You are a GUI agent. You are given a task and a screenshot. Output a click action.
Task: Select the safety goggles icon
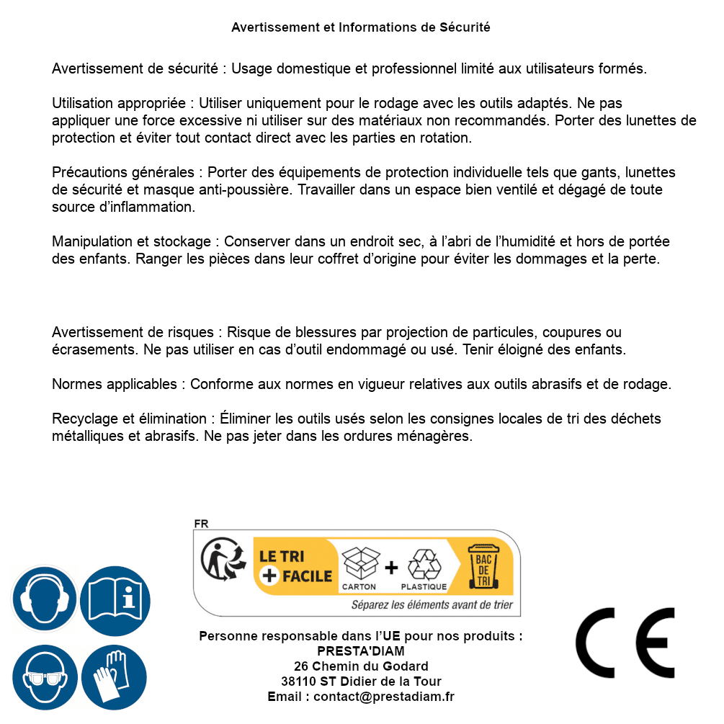pyautogui.click(x=45, y=677)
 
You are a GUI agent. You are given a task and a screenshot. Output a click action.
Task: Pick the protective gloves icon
pyautogui.click(x=115, y=677)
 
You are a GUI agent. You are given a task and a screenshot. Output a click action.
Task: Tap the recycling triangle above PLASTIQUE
pyautogui.click(x=424, y=565)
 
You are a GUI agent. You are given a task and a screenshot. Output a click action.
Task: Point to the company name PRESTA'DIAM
pyautogui.click(x=360, y=651)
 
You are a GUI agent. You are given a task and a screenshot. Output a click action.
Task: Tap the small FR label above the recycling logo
pyautogui.click(x=201, y=524)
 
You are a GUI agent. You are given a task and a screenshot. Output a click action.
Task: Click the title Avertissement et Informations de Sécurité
pyautogui.click(x=361, y=27)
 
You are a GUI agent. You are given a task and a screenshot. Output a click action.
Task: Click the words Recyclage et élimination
pyautogui.click(x=129, y=419)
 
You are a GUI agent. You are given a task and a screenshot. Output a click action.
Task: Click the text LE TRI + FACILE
pyautogui.click(x=295, y=566)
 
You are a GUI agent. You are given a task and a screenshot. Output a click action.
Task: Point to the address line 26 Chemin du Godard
pyautogui.click(x=361, y=666)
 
